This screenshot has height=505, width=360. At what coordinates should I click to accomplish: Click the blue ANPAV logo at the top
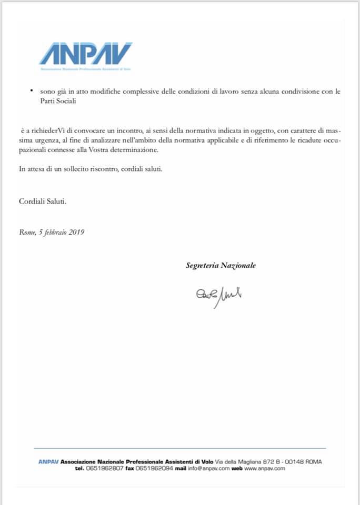85,54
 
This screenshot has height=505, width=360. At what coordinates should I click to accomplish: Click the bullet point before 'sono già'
32,92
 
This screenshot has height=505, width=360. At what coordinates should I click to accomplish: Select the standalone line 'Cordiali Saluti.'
43,201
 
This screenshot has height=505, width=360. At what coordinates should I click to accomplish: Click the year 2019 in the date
77,231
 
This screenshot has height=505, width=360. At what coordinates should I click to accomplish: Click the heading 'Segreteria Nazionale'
221,266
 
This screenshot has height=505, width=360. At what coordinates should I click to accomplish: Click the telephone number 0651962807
104,468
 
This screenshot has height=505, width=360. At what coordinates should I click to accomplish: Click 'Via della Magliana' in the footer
237,461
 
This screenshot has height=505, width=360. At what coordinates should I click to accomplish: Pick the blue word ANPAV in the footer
48,461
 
